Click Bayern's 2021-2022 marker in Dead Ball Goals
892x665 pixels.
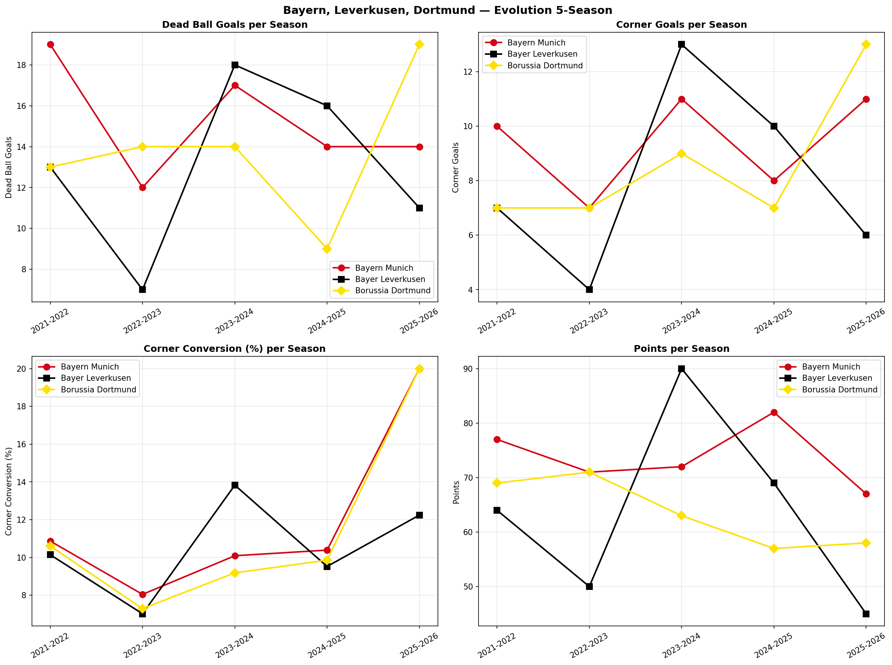[50, 45]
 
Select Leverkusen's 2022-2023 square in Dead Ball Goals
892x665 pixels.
[142, 290]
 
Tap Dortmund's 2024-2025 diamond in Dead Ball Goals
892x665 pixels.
[327, 249]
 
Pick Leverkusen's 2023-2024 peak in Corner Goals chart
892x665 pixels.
[681, 44]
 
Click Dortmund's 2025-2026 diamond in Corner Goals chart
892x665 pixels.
[866, 44]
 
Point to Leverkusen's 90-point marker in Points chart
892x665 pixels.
[681, 369]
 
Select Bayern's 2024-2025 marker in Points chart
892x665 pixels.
[774, 412]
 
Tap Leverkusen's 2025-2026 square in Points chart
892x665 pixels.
[866, 614]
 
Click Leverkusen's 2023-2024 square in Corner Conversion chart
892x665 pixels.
[235, 485]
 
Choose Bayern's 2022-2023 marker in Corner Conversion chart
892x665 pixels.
[142, 594]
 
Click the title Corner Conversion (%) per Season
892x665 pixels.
[235, 348]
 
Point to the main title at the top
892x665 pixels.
[447, 10]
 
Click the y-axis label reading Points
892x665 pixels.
[456, 492]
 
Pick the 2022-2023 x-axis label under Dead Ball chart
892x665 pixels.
[142, 321]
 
